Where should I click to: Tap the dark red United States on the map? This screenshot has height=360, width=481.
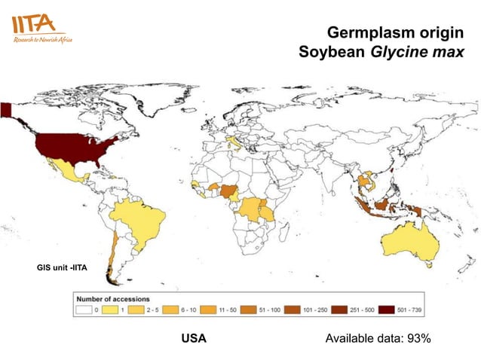click(72, 149)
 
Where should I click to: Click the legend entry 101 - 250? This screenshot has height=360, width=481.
click(311, 309)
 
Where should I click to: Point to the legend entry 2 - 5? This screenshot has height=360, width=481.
click(149, 309)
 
